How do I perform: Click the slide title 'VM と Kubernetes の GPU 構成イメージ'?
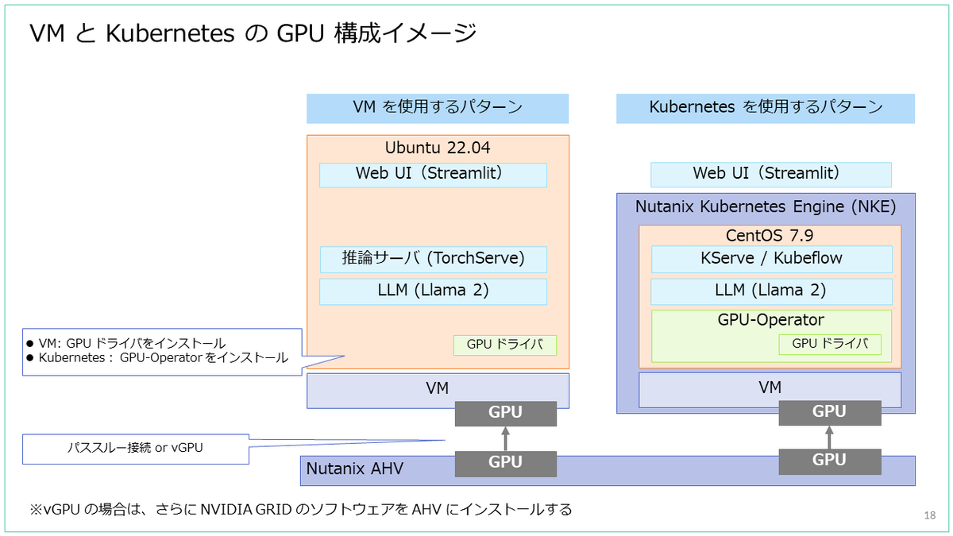pos(253,33)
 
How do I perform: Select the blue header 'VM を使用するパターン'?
pos(438,107)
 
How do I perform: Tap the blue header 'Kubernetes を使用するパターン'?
pos(766,107)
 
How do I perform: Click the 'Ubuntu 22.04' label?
pos(438,148)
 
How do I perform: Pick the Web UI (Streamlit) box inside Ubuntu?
pos(433,175)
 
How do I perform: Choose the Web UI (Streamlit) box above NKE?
pos(770,174)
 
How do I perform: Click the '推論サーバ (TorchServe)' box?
pos(433,259)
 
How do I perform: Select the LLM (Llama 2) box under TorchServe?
pos(433,291)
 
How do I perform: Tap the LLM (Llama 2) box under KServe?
pos(770,291)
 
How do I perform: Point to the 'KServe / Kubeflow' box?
pos(770,259)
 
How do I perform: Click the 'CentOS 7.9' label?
pos(770,236)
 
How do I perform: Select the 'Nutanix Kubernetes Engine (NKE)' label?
pos(766,207)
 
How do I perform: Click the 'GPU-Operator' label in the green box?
pos(770,321)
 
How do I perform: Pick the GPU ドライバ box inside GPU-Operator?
pos(830,344)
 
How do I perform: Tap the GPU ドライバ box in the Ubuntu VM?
pos(505,345)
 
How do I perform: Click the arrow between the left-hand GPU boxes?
pos(505,438)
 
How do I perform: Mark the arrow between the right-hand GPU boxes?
pos(829,436)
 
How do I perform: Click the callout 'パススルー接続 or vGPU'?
pos(135,449)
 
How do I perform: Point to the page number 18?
pos(930,516)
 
